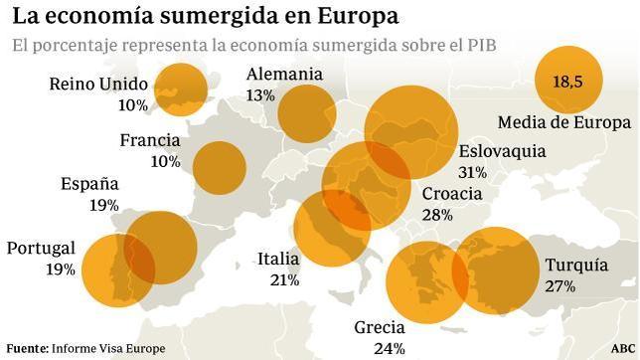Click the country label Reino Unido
point(97,84)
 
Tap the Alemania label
point(284,75)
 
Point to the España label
point(89,184)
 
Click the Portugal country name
point(41,249)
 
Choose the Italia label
point(277,259)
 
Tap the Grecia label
point(380,327)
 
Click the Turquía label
point(576,266)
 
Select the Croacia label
point(451,194)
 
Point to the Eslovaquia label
point(502,151)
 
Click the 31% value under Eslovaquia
point(472,172)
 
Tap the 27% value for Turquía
point(560,286)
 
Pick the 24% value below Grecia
point(390,348)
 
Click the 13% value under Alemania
point(260,95)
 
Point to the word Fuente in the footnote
point(27,348)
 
